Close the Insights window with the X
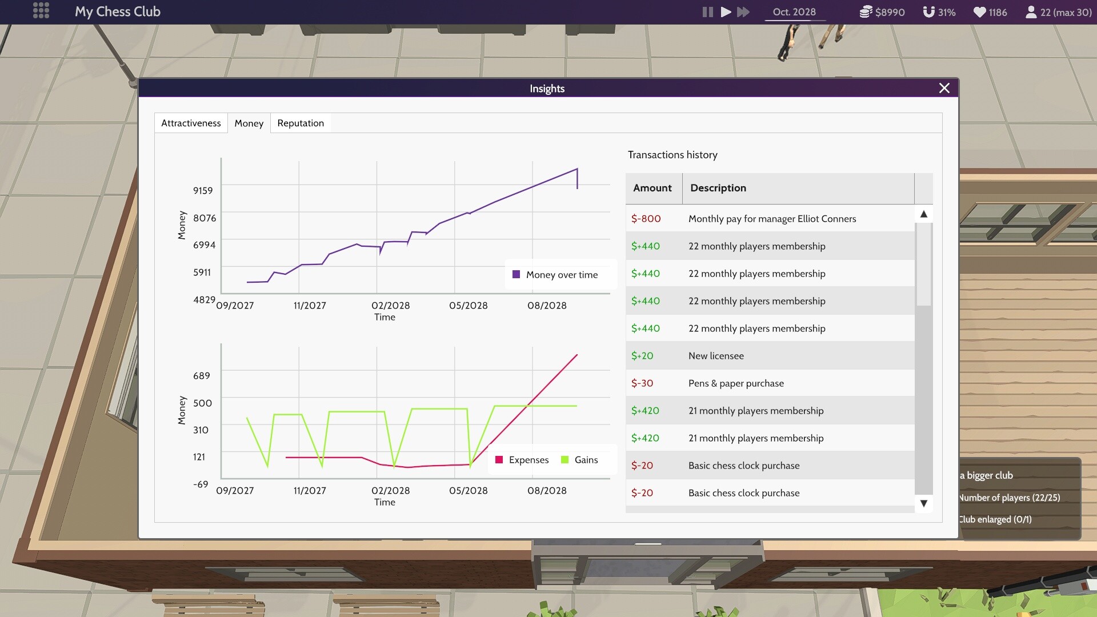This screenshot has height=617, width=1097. [944, 88]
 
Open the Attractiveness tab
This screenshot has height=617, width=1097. [191, 123]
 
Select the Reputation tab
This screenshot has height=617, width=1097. [301, 123]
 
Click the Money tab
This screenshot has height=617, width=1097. [249, 123]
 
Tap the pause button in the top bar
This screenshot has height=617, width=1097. [707, 12]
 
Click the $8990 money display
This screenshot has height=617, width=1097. [883, 12]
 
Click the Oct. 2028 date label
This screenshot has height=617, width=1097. [794, 12]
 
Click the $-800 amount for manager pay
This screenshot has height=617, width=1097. [646, 219]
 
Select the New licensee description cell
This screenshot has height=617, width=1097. [716, 356]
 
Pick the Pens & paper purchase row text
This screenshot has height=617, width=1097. [736, 383]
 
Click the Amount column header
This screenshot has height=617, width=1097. [652, 188]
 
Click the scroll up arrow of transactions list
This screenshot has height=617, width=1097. [923, 214]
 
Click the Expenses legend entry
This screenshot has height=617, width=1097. [522, 460]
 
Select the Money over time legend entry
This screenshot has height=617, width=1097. [555, 275]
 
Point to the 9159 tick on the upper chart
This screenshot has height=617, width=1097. [203, 190]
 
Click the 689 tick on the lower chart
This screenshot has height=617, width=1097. [202, 375]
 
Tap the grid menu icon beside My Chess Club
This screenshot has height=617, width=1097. [41, 11]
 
